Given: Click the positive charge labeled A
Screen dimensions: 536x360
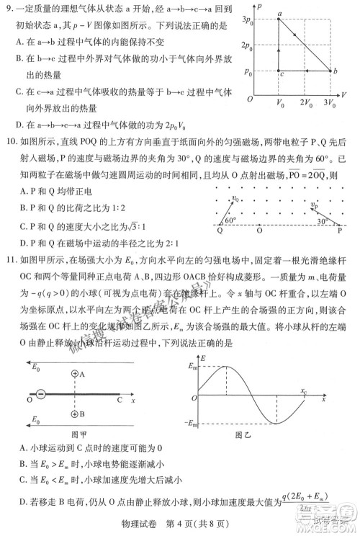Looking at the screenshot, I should point(75,375).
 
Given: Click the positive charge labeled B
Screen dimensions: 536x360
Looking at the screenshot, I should point(75,414).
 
